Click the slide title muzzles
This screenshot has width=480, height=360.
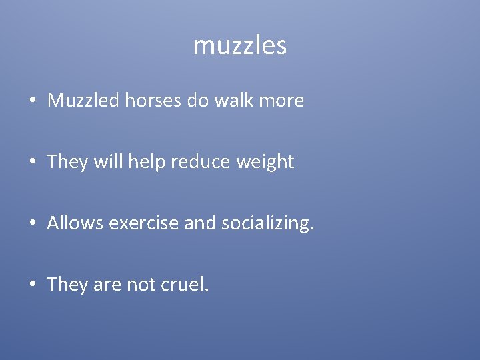240,46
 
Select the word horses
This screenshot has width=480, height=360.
144,101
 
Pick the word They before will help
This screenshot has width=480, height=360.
67,162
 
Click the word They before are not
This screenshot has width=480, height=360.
67,285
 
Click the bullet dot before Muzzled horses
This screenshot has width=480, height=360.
33,101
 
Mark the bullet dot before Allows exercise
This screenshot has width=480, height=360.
33,224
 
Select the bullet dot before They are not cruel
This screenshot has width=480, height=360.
33,285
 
